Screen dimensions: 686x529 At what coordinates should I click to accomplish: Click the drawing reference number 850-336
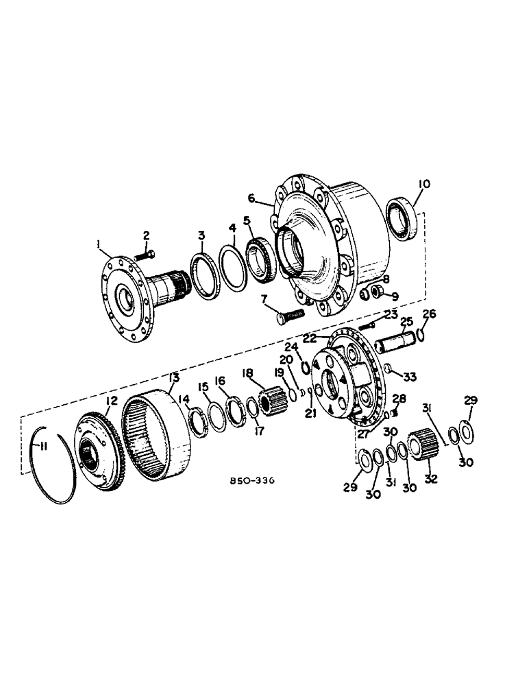pyautogui.click(x=252, y=482)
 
